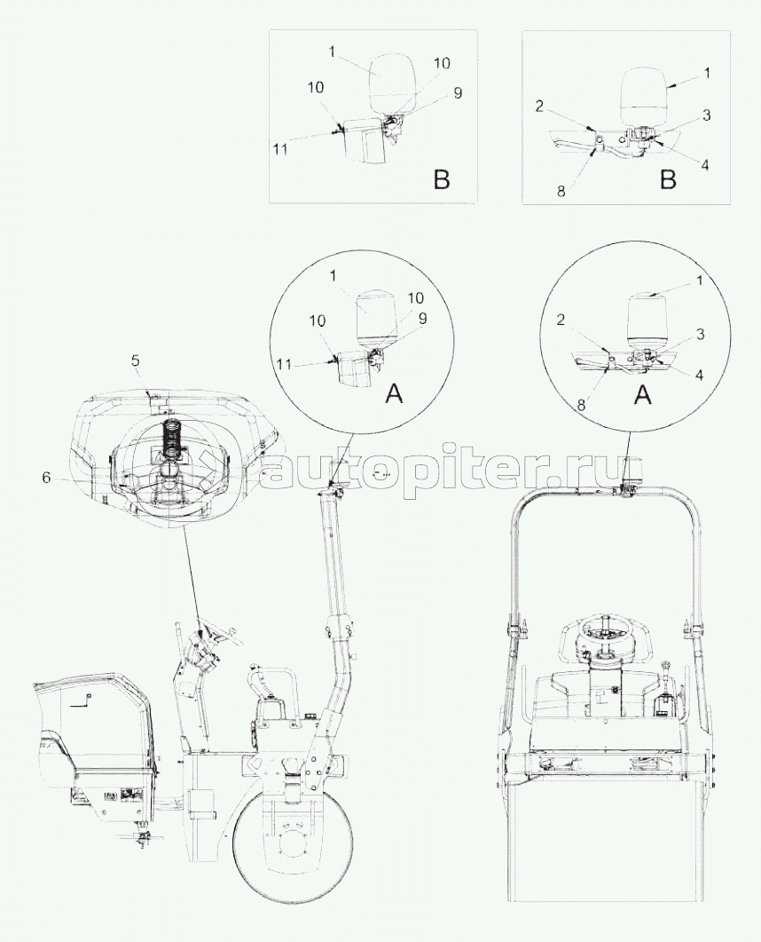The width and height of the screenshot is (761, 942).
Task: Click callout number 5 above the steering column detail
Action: pos(136,361)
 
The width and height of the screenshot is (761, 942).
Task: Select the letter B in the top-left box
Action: pos(441,179)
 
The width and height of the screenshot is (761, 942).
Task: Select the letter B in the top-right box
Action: pos(667,179)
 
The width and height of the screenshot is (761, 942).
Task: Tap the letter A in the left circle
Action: pos(393,394)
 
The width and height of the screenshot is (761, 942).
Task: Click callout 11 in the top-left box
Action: pos(279,148)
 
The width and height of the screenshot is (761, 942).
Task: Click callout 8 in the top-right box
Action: pos(561,191)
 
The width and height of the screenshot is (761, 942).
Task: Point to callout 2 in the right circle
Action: pos(561,321)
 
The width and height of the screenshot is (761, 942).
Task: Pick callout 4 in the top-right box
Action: pos(704,164)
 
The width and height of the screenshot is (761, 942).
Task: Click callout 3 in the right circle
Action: pos(701,336)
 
